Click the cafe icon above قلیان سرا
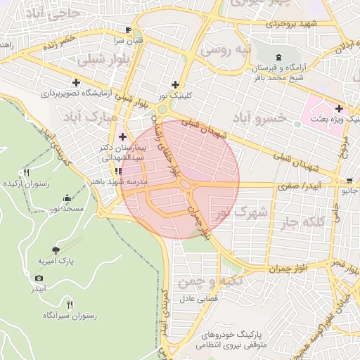(127, 30)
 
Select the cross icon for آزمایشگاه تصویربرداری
(76, 82)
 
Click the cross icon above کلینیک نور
(175, 84)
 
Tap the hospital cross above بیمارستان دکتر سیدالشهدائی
(123, 136)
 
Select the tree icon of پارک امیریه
(56, 249)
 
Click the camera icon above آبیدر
(39, 278)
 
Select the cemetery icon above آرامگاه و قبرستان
(281, 56)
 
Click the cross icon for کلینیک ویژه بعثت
(340, 108)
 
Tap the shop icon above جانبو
(349, 180)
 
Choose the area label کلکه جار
(302, 223)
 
